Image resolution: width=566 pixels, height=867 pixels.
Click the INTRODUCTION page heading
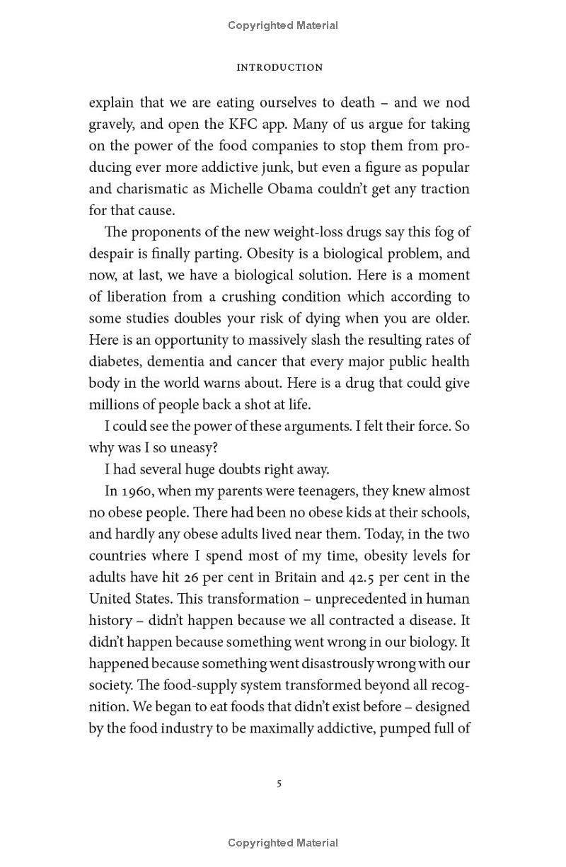(x=279, y=68)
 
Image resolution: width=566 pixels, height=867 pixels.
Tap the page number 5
(x=279, y=783)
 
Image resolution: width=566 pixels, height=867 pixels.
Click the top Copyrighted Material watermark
(x=283, y=25)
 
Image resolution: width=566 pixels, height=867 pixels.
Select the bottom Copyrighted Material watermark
(x=283, y=843)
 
